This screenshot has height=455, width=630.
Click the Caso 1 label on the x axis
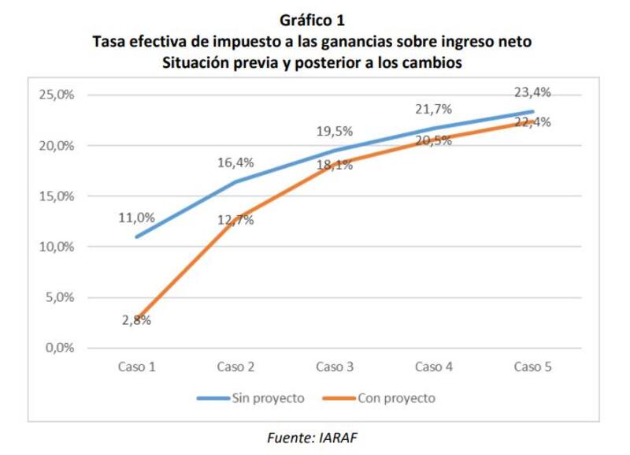136,367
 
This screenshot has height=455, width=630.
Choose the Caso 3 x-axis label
334,367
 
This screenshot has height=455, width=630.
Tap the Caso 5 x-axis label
532,367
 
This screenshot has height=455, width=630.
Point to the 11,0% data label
136,218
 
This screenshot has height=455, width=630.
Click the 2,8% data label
136,320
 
